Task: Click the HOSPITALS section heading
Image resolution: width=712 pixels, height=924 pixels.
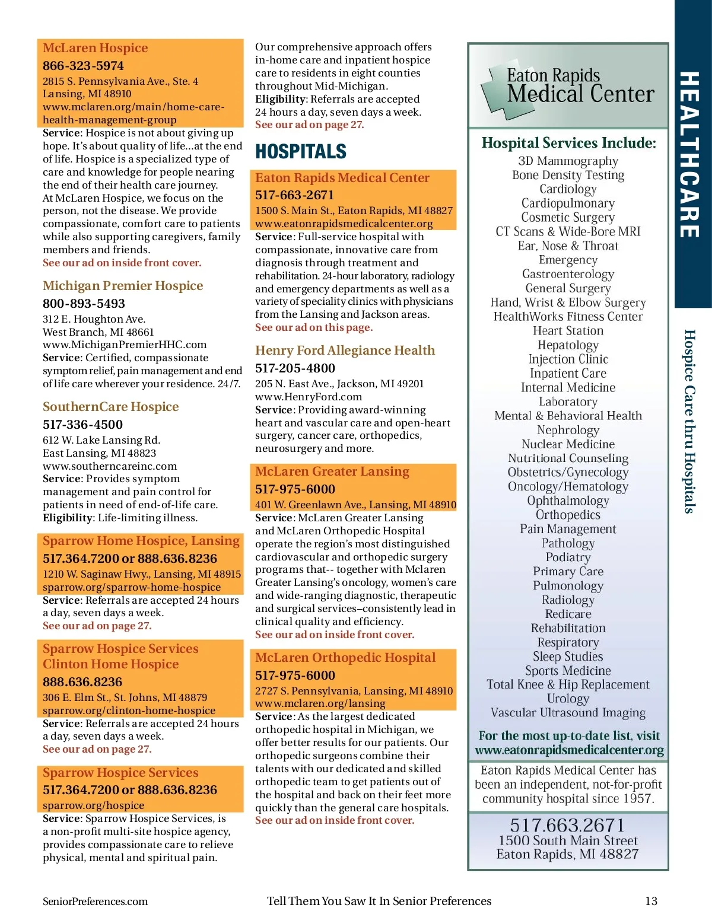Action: point(301,152)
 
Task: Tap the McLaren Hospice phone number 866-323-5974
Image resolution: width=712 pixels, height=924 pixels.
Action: point(83,66)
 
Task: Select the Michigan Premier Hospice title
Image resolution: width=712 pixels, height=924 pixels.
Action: point(123,286)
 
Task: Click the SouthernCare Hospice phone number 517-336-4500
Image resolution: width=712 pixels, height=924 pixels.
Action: point(82,425)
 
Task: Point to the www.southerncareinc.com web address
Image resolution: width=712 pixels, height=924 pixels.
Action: point(110,466)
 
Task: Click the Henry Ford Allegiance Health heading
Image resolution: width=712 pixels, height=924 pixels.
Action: point(345,351)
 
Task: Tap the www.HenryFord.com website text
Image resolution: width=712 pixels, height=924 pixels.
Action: point(309,397)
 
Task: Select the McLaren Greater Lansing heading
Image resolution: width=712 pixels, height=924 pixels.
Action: point(332,471)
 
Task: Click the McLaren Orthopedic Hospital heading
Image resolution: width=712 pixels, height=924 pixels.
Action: point(345,658)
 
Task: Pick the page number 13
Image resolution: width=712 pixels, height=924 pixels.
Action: point(651,901)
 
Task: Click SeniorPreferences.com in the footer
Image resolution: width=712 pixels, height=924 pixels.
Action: point(95,901)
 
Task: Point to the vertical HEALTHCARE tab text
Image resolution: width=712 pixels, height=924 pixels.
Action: point(689,154)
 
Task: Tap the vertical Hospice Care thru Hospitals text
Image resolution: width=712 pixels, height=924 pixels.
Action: point(689,421)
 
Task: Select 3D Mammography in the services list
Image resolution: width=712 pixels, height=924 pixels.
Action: point(568,161)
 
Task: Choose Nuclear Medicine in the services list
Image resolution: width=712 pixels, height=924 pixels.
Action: point(568,444)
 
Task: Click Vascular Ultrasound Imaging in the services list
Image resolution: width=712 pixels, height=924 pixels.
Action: point(568,713)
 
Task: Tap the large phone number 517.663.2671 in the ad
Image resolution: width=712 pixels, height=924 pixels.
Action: point(568,825)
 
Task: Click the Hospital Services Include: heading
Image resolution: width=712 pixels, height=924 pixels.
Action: point(568,143)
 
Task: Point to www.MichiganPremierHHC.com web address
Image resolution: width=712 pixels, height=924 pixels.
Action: point(125,345)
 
